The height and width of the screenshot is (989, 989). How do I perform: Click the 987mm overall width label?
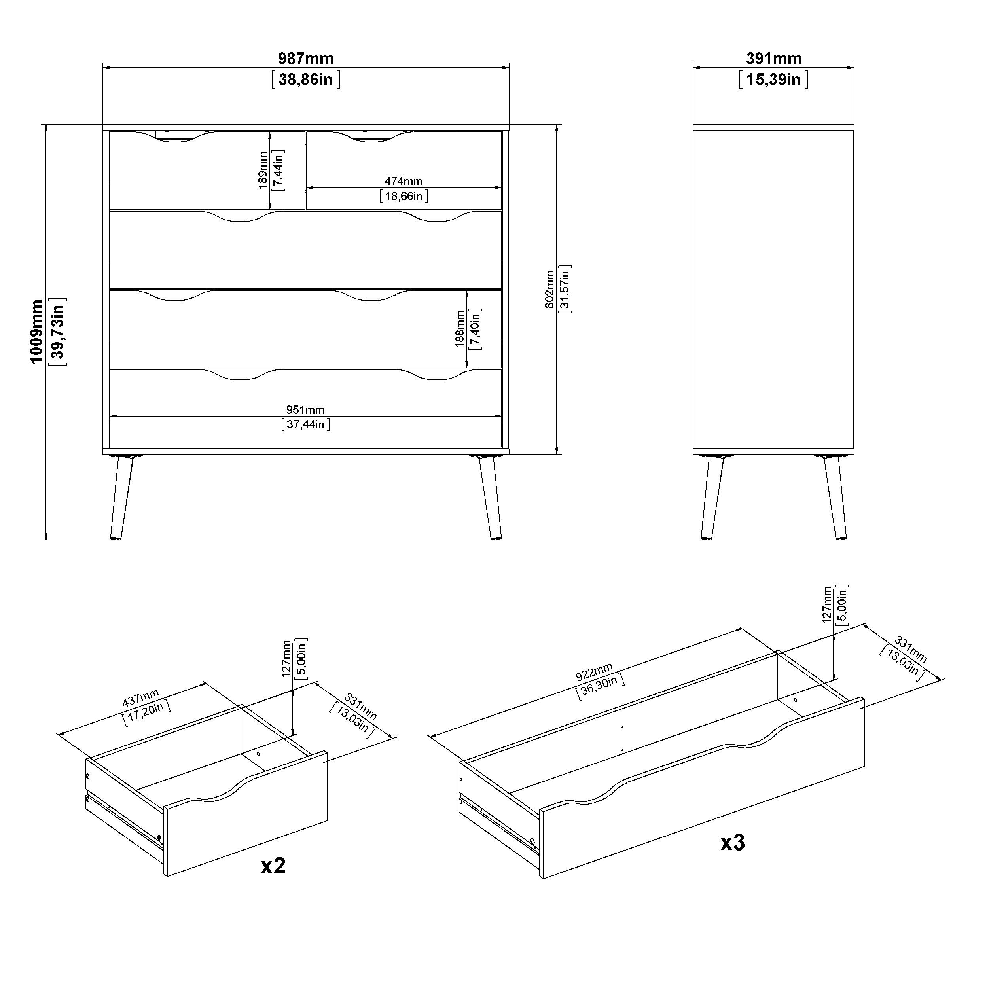click(306, 59)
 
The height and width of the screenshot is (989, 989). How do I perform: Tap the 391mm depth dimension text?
click(773, 59)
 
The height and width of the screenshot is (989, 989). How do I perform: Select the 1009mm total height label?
click(37, 332)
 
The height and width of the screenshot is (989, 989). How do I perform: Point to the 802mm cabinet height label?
click(549, 289)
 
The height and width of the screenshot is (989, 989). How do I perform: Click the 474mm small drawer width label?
click(404, 181)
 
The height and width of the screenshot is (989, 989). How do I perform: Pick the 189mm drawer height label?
click(263, 171)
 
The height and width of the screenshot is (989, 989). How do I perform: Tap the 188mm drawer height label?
click(460, 329)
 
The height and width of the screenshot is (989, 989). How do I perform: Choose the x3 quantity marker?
click(733, 842)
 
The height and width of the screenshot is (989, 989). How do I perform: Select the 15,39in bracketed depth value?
click(773, 80)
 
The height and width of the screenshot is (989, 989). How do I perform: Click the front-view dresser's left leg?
click(121, 496)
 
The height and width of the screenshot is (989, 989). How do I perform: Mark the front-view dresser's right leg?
click(489, 496)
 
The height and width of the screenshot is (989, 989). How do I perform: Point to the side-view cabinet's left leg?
click(712, 496)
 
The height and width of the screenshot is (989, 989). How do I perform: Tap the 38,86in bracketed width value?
click(306, 80)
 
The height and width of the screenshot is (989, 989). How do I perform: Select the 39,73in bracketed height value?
click(58, 332)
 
